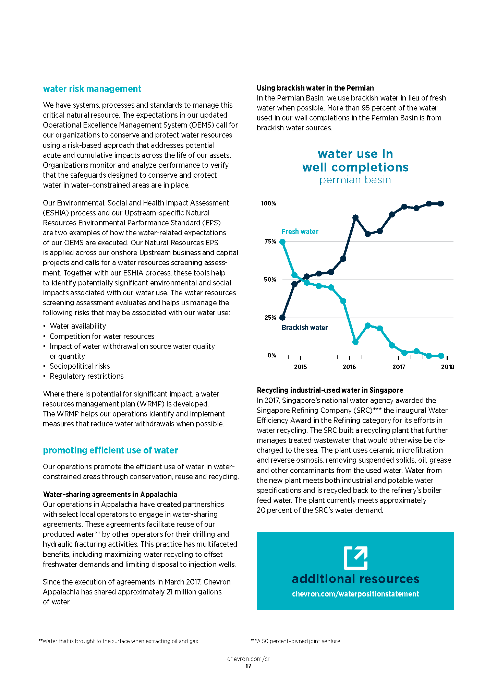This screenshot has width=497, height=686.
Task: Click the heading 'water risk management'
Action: tap(92, 89)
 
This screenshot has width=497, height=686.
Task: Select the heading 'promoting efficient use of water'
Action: tap(110, 450)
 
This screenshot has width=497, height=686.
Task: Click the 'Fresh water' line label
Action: tap(300, 232)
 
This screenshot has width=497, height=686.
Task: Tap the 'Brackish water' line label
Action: tap(304, 328)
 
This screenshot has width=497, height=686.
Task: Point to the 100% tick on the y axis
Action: tap(269, 203)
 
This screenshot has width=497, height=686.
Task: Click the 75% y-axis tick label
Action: tap(270, 241)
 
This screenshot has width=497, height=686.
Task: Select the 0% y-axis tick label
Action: tap(271, 355)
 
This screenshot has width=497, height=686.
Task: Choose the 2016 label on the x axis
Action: tap(349, 367)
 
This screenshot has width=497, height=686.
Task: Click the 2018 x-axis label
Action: tap(447, 367)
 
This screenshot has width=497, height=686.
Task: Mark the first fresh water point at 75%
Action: tap(282, 242)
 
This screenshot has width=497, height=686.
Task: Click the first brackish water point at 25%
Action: tap(282, 318)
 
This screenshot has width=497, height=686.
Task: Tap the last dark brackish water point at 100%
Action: tap(441, 204)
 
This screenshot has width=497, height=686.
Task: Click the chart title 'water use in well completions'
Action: tap(355, 161)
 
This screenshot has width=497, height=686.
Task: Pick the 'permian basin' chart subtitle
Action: tap(355, 180)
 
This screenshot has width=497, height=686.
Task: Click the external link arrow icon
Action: tap(355, 558)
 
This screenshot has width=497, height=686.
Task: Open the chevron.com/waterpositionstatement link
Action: tap(355, 594)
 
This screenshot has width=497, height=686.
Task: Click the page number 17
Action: tap(248, 666)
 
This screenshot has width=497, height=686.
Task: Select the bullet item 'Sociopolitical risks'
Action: tap(80, 366)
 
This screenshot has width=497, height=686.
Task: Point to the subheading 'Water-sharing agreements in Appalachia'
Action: tap(110, 495)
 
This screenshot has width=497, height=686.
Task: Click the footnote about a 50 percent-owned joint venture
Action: tap(296, 641)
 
